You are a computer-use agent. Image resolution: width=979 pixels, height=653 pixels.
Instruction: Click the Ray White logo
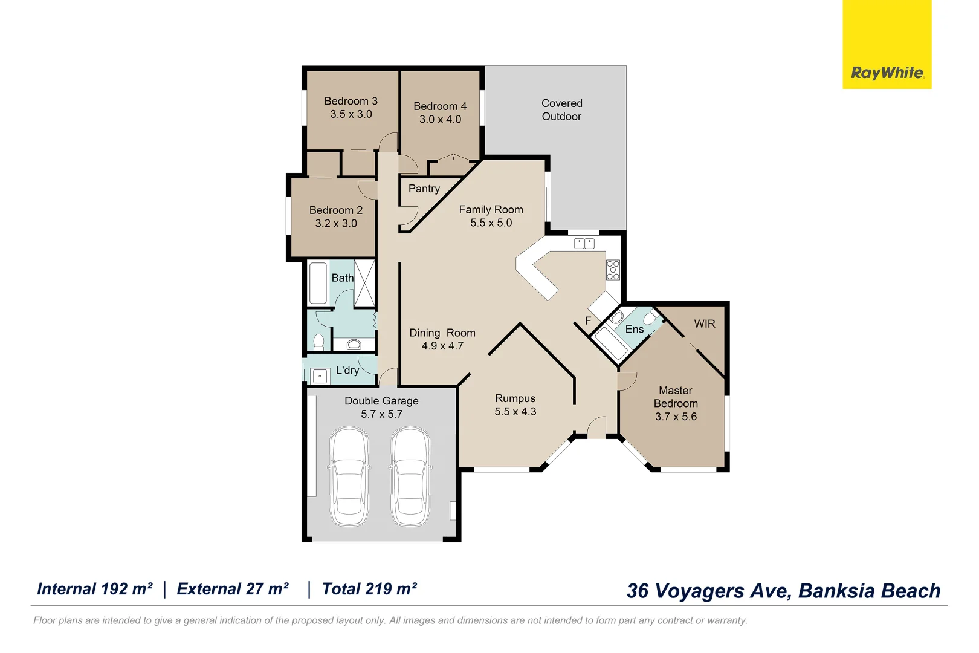tap(887, 44)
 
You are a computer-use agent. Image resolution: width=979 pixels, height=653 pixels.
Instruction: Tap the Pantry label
tap(424, 189)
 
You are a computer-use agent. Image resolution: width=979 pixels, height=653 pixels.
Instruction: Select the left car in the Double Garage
tap(349, 476)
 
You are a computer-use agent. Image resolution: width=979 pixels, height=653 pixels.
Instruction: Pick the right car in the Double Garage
tap(410, 476)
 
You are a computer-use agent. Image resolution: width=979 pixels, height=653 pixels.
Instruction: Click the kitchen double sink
tap(584, 243)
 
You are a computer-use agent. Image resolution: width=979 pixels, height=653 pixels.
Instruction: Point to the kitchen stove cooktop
tap(613, 270)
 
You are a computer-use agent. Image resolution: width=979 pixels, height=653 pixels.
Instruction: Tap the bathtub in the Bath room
tap(318, 283)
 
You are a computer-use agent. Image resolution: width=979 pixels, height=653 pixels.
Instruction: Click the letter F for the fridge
tap(588, 320)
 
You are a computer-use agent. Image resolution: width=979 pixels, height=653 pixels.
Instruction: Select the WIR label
tap(705, 323)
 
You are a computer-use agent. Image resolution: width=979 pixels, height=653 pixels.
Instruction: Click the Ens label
tap(634, 329)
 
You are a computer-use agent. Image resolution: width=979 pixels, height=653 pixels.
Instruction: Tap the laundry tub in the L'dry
tap(320, 376)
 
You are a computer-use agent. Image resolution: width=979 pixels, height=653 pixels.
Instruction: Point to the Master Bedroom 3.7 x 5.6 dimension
tap(676, 417)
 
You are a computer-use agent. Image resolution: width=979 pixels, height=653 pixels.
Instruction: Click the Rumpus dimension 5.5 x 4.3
tap(515, 412)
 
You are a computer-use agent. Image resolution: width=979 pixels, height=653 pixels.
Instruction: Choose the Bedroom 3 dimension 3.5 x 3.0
tap(351, 114)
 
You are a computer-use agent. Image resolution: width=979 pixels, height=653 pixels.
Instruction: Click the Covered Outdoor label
tap(561, 110)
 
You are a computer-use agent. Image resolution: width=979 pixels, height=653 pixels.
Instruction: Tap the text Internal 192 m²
tap(95, 589)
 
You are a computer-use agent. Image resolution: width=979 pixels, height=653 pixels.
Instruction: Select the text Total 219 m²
tap(369, 589)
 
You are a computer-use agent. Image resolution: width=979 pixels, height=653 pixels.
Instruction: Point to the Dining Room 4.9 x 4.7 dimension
tap(442, 346)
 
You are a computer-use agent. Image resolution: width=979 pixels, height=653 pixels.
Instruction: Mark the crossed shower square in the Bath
tap(364, 283)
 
